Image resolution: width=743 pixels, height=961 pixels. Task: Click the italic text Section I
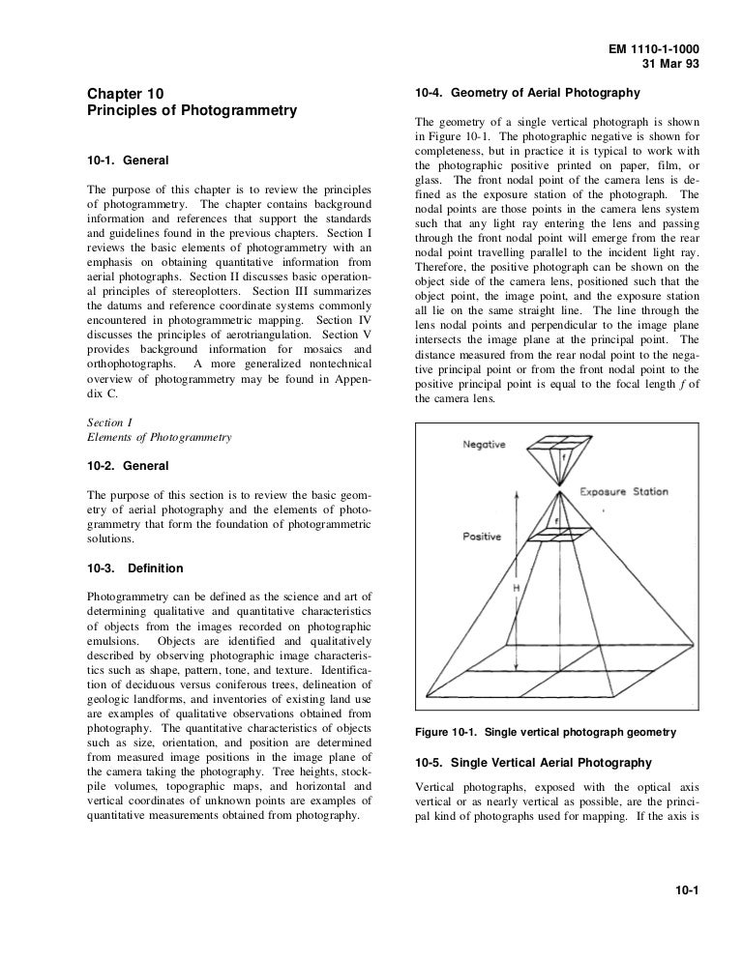[110, 422]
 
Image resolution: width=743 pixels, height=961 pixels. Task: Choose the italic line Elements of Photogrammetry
[159, 437]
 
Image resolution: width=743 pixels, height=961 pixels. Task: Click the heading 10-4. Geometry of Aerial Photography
[526, 93]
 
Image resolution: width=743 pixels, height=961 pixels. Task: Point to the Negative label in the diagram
[486, 445]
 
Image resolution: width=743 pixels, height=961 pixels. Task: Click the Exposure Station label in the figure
[623, 491]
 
